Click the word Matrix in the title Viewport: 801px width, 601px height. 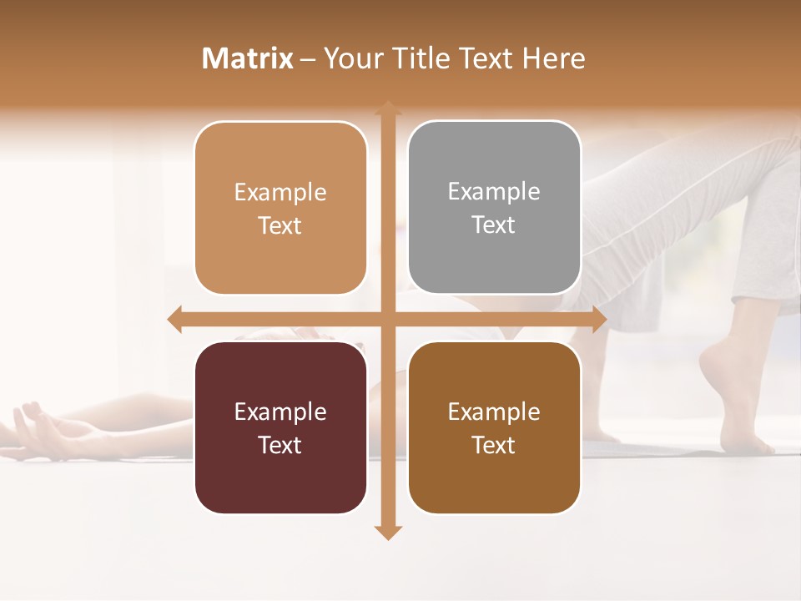point(248,58)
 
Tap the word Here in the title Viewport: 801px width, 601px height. point(553,58)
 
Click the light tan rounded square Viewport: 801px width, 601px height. point(280,209)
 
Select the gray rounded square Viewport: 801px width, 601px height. point(494,208)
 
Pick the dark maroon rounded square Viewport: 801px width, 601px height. point(280,427)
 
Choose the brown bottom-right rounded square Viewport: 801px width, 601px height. point(494,427)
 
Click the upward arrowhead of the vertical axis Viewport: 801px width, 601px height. point(387,107)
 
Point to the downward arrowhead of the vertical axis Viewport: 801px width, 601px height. point(387,533)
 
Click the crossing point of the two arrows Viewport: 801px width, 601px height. point(387,320)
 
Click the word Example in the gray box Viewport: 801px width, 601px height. point(494,192)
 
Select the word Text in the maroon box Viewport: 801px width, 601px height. point(280,445)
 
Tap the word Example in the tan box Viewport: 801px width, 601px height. point(280,193)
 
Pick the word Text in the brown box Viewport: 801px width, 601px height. point(494,445)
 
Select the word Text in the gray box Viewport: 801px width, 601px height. point(494,225)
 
